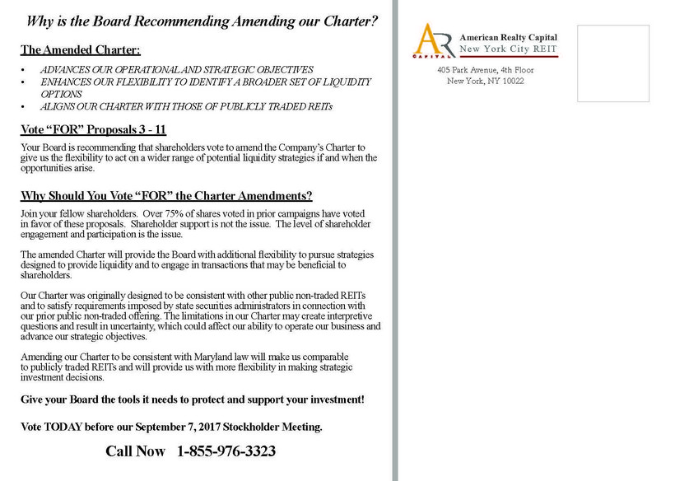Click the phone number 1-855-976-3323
click(226, 451)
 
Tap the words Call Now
click(135, 451)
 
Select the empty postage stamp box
click(612, 63)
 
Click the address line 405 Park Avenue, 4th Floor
click(485, 70)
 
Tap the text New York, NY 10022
click(485, 81)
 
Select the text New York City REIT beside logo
click(508, 49)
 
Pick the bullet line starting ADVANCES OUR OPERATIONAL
click(176, 70)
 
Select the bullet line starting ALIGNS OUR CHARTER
click(186, 107)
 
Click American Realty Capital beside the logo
click(508, 37)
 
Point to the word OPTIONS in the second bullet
click(61, 95)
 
